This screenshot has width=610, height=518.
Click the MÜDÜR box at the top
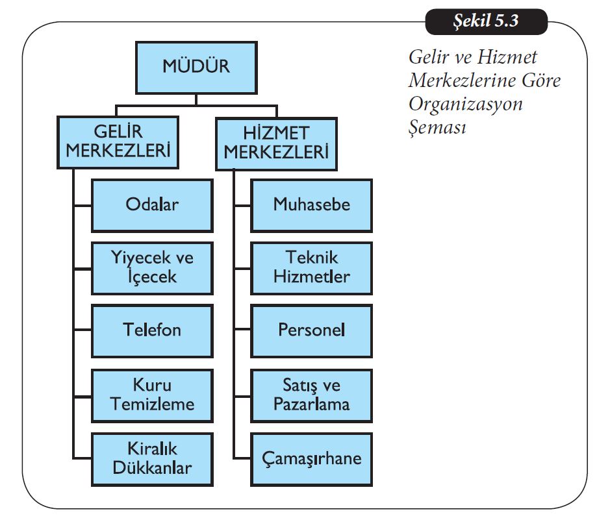click(x=196, y=68)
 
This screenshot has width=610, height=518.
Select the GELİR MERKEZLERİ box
click(x=118, y=143)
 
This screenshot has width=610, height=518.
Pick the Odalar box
click(x=152, y=205)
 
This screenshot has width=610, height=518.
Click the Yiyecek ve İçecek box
click(x=152, y=267)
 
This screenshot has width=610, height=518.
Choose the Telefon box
click(x=152, y=330)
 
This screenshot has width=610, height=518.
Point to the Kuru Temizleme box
click(x=152, y=395)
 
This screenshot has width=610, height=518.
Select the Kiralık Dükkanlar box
click(x=152, y=458)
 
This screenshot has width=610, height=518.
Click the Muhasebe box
click(x=311, y=205)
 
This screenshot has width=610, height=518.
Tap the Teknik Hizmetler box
click(x=311, y=267)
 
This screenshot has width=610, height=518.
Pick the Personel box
click(x=311, y=330)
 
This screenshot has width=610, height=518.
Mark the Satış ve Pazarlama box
click(x=311, y=395)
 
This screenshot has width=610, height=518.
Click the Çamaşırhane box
click(x=311, y=458)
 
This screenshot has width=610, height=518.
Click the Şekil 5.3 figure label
click(x=486, y=21)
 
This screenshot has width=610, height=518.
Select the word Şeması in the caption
click(x=438, y=127)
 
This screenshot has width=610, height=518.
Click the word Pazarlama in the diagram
click(x=312, y=404)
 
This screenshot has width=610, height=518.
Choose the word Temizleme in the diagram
click(x=153, y=404)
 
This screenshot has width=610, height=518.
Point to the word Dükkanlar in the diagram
click(x=153, y=467)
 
